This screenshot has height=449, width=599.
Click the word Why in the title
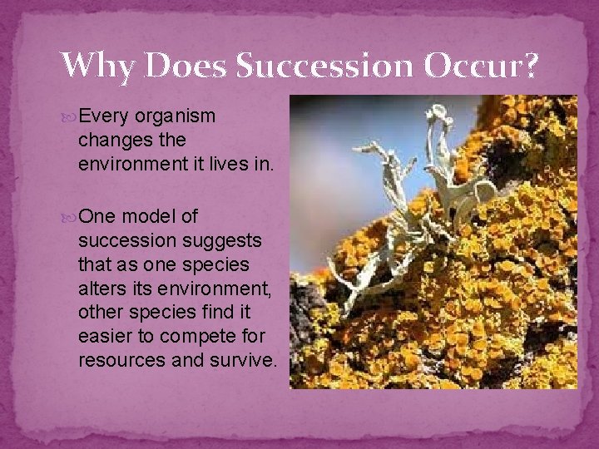click(100, 65)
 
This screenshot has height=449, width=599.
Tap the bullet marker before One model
click(69, 217)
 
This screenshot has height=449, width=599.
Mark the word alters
click(100, 289)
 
